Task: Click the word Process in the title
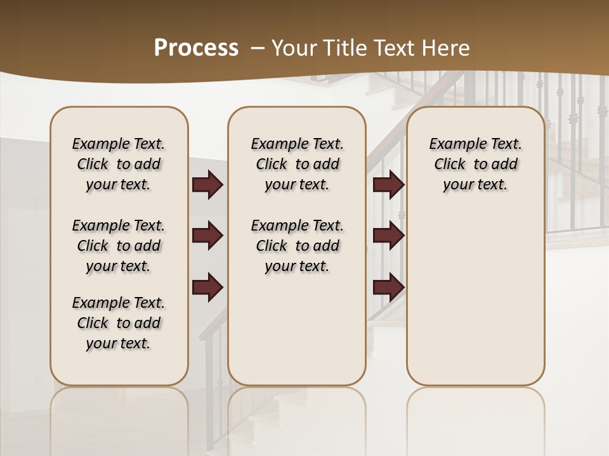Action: click(x=196, y=47)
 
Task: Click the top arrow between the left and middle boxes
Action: click(x=207, y=185)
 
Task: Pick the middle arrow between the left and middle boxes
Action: click(x=207, y=236)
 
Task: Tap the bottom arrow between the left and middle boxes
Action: click(x=207, y=287)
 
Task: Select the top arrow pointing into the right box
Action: click(x=388, y=185)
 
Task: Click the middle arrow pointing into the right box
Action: click(x=388, y=236)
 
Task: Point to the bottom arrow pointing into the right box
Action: click(x=388, y=287)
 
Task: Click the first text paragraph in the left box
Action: click(x=119, y=164)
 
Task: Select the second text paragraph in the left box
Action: click(x=119, y=246)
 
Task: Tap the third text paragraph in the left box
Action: click(x=119, y=323)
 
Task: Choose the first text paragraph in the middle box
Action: click(x=297, y=164)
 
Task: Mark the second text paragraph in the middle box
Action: click(x=297, y=246)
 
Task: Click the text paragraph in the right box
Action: click(x=475, y=164)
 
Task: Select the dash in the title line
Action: click(x=258, y=47)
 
